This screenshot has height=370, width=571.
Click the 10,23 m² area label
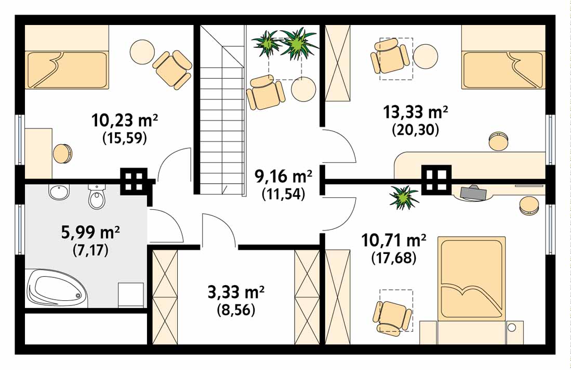coord(125,120)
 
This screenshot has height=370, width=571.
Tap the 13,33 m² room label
coord(415,112)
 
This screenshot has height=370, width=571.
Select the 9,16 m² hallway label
coord(283,177)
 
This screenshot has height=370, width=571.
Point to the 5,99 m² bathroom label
coord(91,233)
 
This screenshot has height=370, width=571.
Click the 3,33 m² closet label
coord(236,292)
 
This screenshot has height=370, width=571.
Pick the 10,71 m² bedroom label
coord(394,240)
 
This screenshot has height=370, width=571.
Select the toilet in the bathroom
coord(97,196)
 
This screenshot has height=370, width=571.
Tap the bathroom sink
coord(59,192)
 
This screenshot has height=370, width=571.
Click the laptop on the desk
coord(473,193)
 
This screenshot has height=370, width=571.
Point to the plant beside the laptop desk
coord(404,197)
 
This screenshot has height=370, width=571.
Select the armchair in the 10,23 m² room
coord(172,70)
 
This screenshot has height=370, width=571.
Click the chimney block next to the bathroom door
coord(134,181)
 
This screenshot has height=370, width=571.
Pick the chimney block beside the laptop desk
coord(436,180)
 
